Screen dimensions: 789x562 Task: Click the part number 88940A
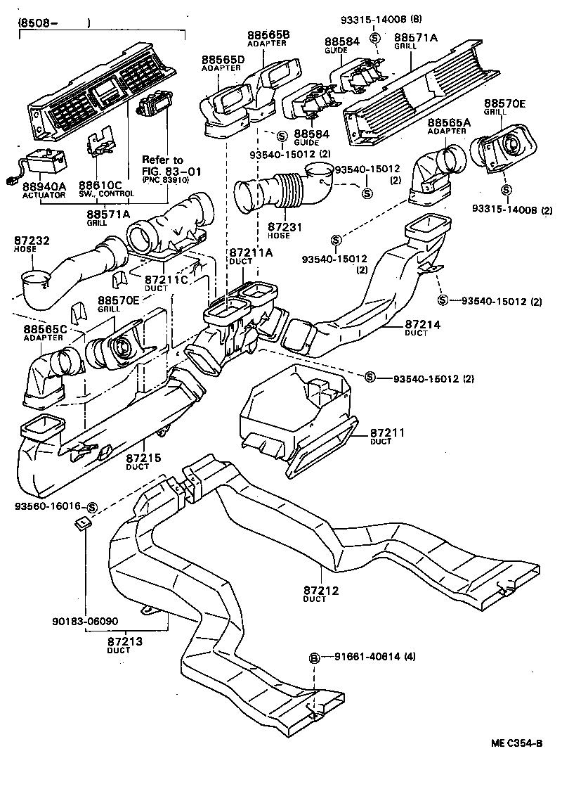[x=43, y=186]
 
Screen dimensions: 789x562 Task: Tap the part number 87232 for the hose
[x=32, y=240]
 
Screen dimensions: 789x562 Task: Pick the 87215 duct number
[x=143, y=458]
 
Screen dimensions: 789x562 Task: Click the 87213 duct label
[x=125, y=641]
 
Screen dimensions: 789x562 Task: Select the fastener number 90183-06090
[x=85, y=622]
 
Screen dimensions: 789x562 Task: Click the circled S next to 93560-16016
[x=92, y=506]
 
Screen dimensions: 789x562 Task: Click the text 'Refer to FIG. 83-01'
[x=162, y=165]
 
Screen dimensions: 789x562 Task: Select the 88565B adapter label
[x=268, y=35]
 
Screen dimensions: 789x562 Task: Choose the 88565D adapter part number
[x=223, y=60]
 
